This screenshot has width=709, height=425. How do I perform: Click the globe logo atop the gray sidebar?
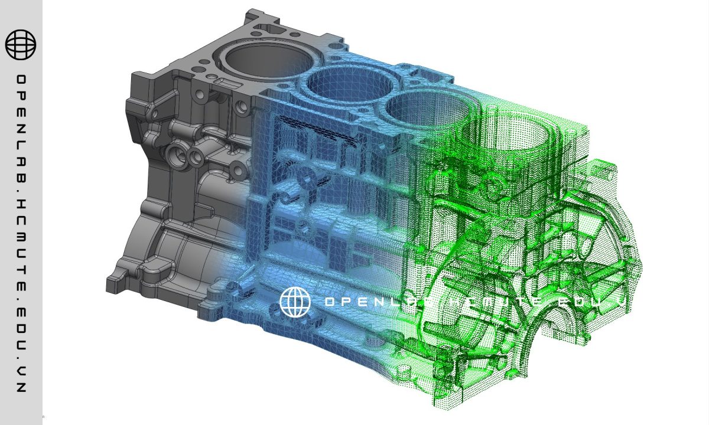point(21,44)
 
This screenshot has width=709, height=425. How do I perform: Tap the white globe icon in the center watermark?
point(295,302)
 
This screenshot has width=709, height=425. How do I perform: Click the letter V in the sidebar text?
point(21,373)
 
